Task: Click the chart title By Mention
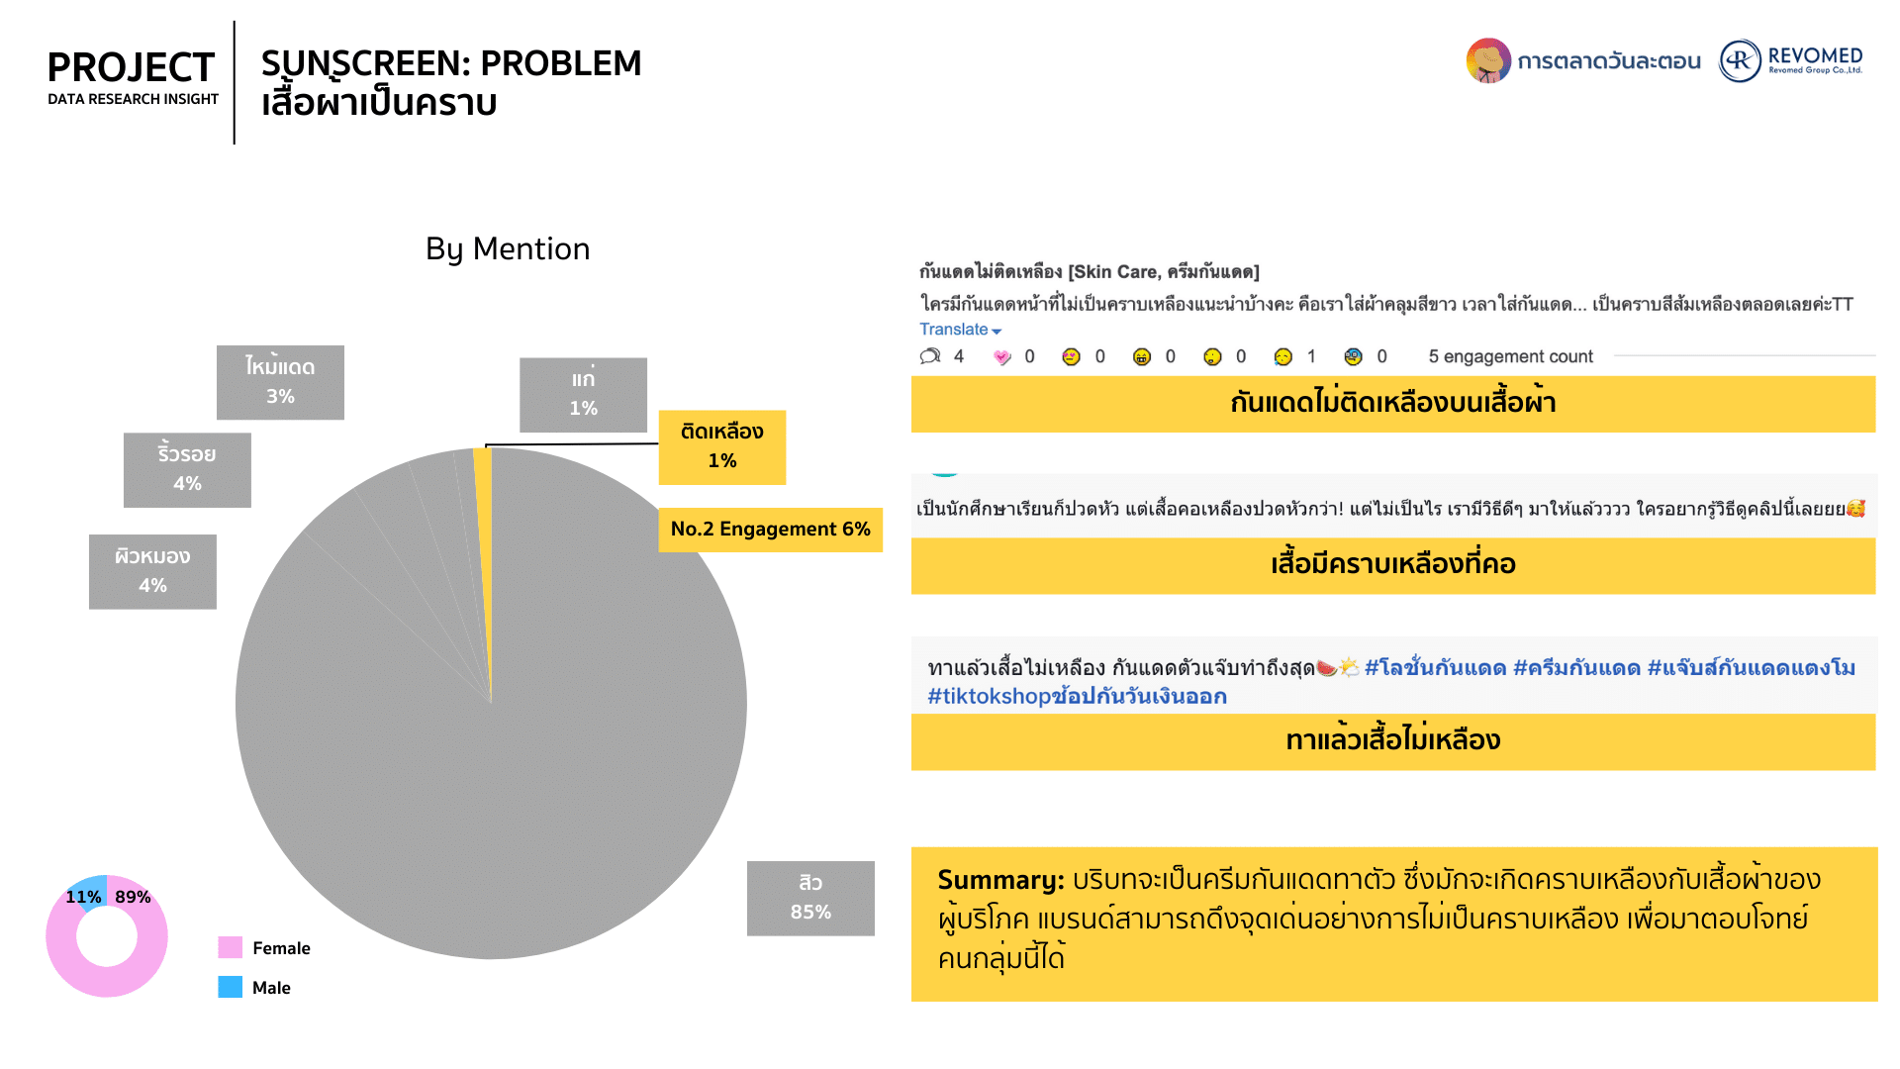tap(508, 249)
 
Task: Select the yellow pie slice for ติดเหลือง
tap(484, 554)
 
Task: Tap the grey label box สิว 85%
tap(810, 898)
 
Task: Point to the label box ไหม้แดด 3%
tap(280, 382)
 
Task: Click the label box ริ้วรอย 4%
tap(187, 470)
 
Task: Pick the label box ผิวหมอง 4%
tap(152, 572)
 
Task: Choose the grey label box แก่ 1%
tap(583, 395)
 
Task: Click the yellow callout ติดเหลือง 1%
tap(722, 447)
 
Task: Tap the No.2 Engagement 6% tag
tap(770, 530)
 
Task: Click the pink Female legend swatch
tap(231, 947)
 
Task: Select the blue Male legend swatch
tap(231, 987)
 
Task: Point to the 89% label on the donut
tap(133, 897)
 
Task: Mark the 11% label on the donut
tap(83, 897)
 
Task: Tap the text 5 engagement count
tap(1510, 356)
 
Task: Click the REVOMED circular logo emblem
tap(1741, 60)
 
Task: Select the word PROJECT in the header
tap(131, 67)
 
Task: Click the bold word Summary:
tap(1000, 880)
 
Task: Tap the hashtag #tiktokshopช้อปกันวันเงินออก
tap(1077, 697)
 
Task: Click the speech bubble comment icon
tap(930, 356)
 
